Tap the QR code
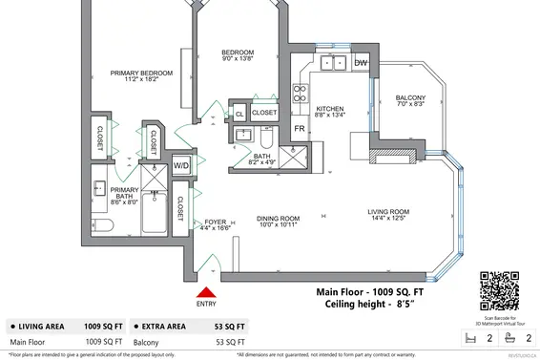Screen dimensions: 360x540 click(502, 288)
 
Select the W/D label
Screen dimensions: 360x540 click(179, 166)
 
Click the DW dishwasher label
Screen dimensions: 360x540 click(361, 63)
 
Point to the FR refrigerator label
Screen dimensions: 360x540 click(299, 128)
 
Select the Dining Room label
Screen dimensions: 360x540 click(278, 222)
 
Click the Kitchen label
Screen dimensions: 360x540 click(329, 112)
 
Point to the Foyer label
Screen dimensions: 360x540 click(216, 226)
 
